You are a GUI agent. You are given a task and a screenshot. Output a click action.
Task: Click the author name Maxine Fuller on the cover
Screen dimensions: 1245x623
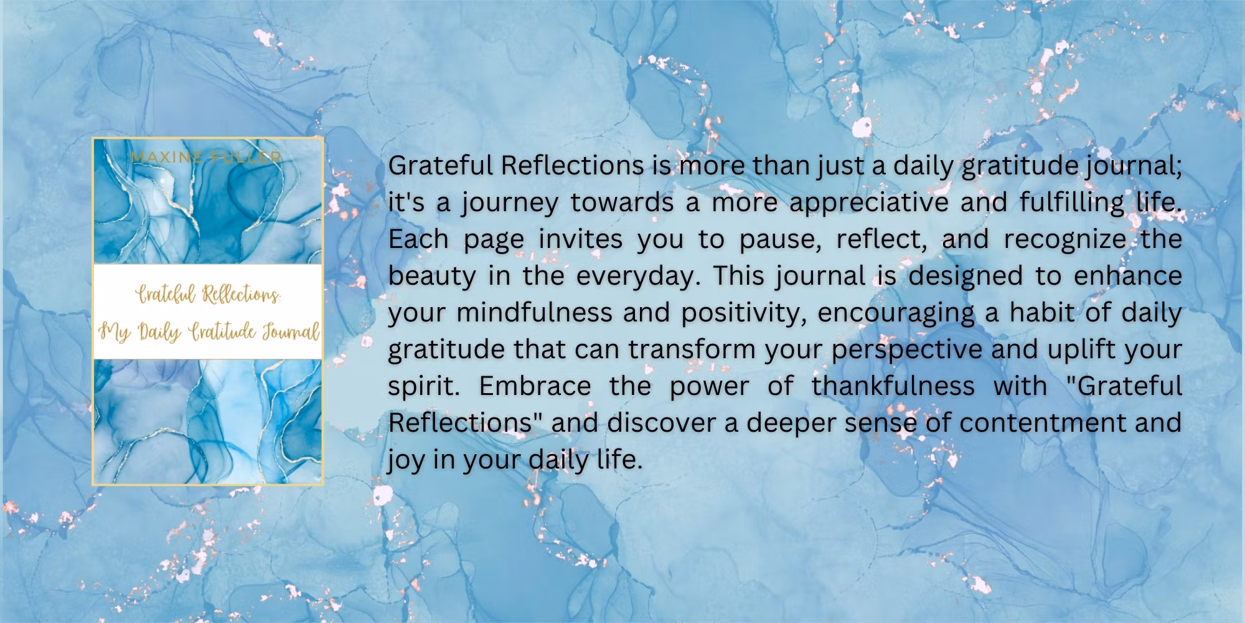[x=206, y=157]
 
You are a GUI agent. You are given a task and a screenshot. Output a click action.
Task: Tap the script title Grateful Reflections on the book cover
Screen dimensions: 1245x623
[x=208, y=295]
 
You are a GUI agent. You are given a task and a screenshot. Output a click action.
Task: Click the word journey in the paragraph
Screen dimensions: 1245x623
[x=509, y=204]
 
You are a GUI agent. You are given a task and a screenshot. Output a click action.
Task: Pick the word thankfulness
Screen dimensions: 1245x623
[x=893, y=386]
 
